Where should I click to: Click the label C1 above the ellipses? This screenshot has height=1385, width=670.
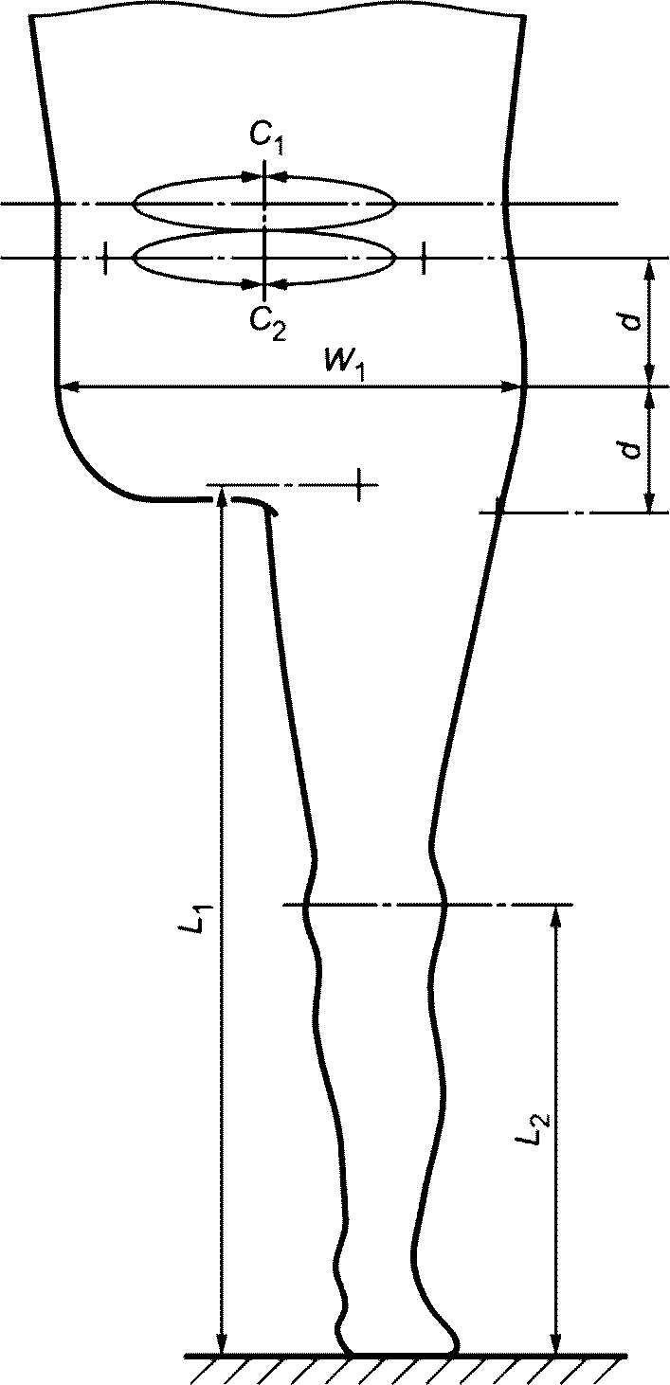267,141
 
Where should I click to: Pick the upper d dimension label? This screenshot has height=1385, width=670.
631,321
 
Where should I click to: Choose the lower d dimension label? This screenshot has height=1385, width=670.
631,448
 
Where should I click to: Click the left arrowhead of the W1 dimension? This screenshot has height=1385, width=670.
67,387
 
